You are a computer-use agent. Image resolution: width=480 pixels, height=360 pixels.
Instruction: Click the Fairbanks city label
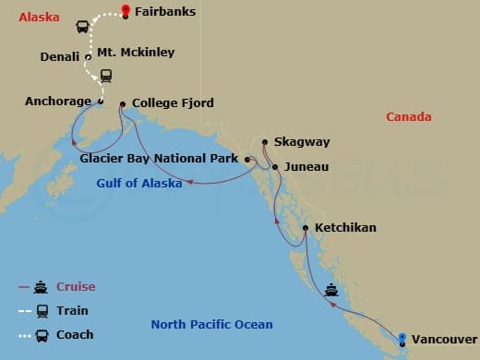(x=165, y=13)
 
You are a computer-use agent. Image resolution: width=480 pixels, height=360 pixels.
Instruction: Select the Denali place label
(x=60, y=57)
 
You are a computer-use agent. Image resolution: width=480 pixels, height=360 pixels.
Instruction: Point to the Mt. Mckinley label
(x=136, y=53)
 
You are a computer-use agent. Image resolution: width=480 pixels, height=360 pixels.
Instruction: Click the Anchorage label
(x=58, y=102)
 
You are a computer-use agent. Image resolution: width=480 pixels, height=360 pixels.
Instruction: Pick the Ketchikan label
(x=345, y=227)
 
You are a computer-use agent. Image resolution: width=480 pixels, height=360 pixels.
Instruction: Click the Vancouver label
(x=446, y=339)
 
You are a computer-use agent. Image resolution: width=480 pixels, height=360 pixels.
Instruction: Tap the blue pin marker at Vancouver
(x=402, y=337)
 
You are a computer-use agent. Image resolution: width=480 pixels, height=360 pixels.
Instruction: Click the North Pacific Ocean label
(x=211, y=324)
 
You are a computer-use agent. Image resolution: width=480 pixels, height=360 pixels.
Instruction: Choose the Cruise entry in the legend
(x=76, y=287)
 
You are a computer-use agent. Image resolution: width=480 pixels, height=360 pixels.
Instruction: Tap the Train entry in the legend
(x=72, y=311)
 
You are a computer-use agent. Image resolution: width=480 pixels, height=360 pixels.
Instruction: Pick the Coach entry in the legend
(x=75, y=334)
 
